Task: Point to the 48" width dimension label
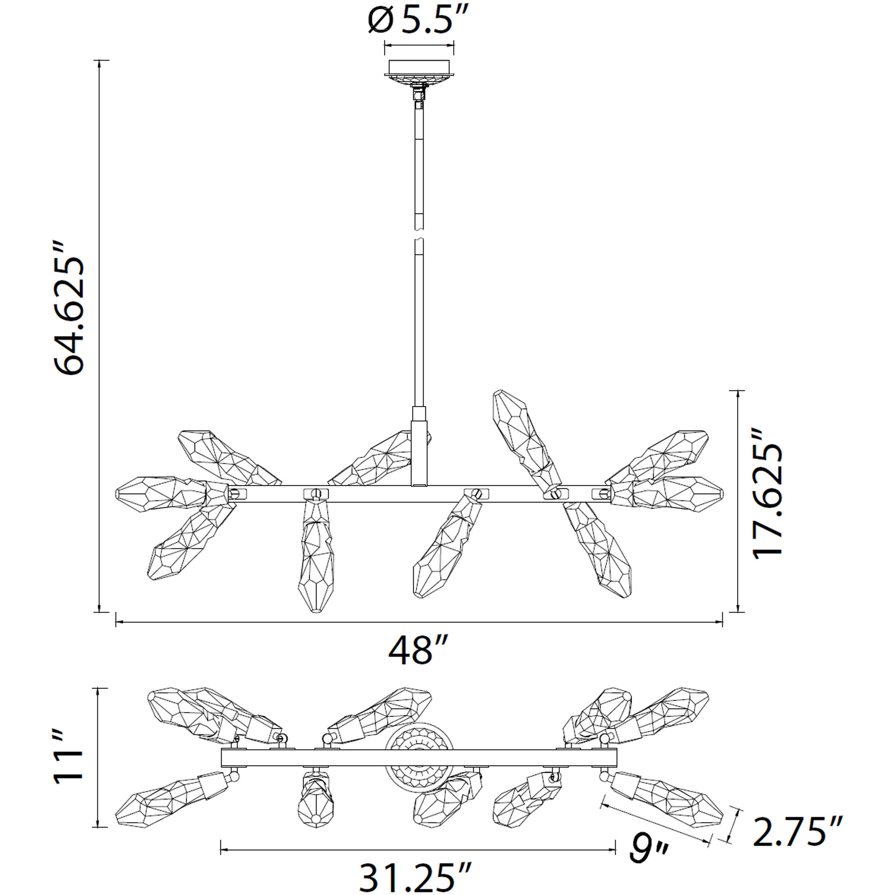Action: click(418, 650)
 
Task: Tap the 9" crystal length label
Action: click(649, 847)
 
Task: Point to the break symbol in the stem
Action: click(419, 234)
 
